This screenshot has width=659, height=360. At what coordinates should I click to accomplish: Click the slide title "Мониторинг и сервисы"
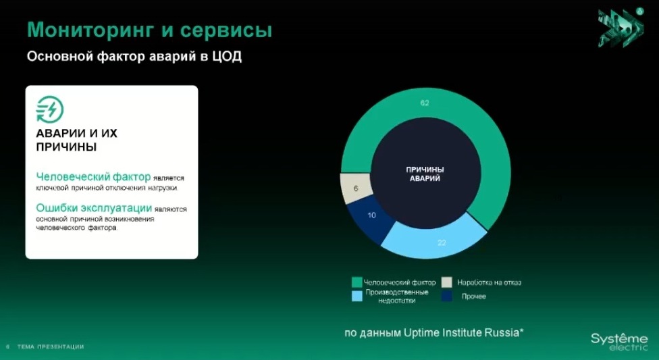click(x=150, y=30)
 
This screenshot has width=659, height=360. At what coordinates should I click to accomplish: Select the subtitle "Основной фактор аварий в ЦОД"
click(x=134, y=56)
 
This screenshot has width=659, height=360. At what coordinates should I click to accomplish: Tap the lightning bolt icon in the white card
click(x=49, y=109)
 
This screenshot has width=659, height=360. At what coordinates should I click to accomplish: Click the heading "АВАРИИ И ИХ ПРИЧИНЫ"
click(x=76, y=140)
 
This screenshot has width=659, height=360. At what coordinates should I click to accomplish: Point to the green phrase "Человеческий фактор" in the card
click(x=93, y=177)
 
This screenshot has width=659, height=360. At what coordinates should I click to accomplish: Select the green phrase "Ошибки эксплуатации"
click(x=94, y=208)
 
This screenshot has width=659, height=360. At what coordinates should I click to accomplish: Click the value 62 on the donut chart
click(x=425, y=103)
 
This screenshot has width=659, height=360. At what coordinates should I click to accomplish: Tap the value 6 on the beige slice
click(x=356, y=188)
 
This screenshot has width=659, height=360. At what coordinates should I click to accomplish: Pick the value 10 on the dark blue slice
click(x=371, y=215)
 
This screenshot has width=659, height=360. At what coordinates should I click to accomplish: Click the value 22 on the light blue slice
click(x=442, y=242)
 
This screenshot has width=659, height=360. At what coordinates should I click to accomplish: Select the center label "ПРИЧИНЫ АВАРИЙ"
click(x=425, y=174)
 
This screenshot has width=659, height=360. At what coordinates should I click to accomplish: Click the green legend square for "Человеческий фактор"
click(x=357, y=282)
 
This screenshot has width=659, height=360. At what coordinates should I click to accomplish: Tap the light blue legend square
click(x=357, y=296)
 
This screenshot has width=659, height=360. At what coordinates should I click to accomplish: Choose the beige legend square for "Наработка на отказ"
click(x=447, y=282)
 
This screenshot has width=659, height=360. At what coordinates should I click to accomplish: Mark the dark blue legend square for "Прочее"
click(x=447, y=296)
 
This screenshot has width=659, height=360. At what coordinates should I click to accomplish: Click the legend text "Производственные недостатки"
click(x=397, y=296)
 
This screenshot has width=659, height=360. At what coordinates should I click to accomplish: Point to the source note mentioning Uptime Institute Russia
click(x=434, y=333)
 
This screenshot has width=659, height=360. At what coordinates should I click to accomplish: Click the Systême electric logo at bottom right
click(x=619, y=341)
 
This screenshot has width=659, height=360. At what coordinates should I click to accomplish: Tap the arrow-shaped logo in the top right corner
click(x=621, y=27)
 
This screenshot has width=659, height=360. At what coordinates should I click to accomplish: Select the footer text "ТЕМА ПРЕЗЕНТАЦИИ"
click(x=51, y=347)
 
